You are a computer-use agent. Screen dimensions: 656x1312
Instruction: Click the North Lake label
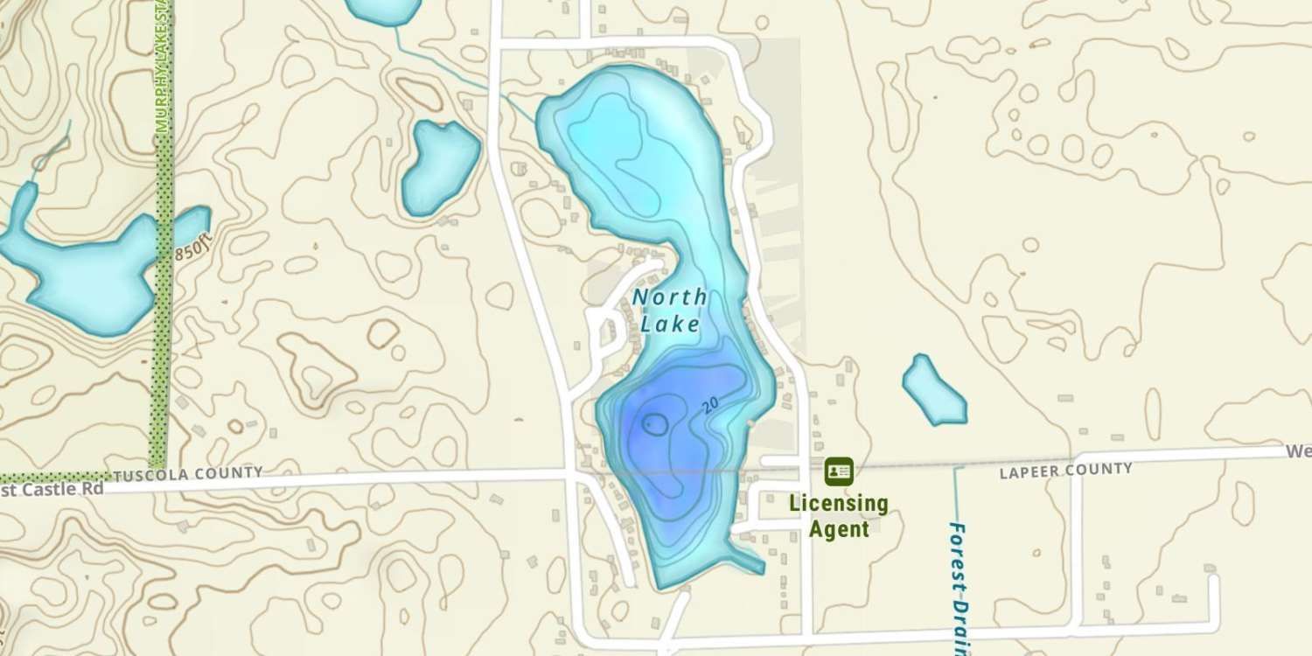(669, 311)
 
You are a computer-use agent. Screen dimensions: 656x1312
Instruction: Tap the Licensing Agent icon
(839, 471)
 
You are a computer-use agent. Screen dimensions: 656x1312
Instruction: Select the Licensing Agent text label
(839, 516)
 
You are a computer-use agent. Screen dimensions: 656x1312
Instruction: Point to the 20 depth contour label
(710, 404)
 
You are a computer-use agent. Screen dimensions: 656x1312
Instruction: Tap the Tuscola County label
(188, 474)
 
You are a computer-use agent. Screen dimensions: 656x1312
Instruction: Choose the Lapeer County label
(1065, 471)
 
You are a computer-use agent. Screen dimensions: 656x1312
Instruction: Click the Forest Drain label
(960, 586)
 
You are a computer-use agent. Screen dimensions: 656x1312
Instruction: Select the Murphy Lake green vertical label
(162, 66)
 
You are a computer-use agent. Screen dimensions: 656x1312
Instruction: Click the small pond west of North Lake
(439, 166)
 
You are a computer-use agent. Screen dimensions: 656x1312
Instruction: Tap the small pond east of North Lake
(933, 390)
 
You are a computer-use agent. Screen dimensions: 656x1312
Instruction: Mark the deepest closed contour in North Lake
(654, 425)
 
